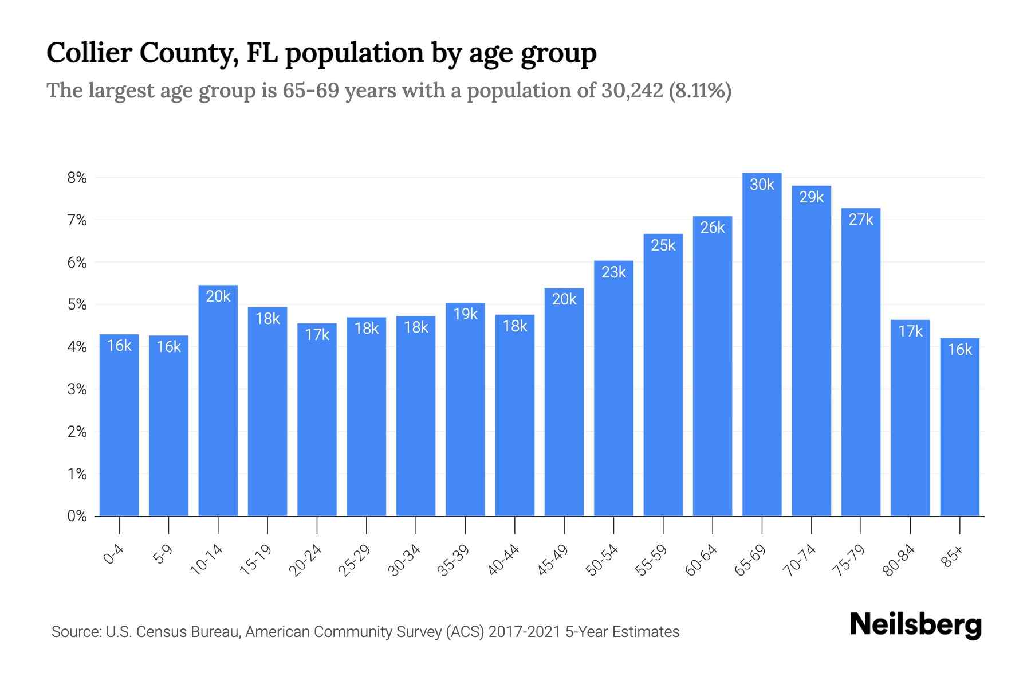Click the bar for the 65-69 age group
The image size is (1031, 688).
(x=762, y=344)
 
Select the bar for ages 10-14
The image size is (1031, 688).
(x=218, y=401)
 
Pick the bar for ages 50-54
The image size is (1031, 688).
(x=613, y=390)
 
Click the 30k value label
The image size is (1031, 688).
(x=762, y=185)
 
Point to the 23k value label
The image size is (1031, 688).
(x=613, y=272)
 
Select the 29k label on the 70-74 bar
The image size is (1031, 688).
(x=811, y=197)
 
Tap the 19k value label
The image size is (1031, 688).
(x=465, y=314)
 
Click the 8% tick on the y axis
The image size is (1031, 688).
(x=77, y=178)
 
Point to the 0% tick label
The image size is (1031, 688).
(x=77, y=516)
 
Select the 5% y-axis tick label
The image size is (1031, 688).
(x=77, y=304)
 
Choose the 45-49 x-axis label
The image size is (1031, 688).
(x=553, y=560)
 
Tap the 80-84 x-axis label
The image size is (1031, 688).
(x=899, y=560)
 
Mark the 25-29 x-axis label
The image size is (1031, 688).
(x=355, y=560)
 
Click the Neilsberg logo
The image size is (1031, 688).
(x=915, y=624)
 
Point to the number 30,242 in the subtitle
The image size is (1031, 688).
(x=632, y=91)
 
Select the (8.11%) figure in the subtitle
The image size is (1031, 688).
(x=700, y=91)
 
